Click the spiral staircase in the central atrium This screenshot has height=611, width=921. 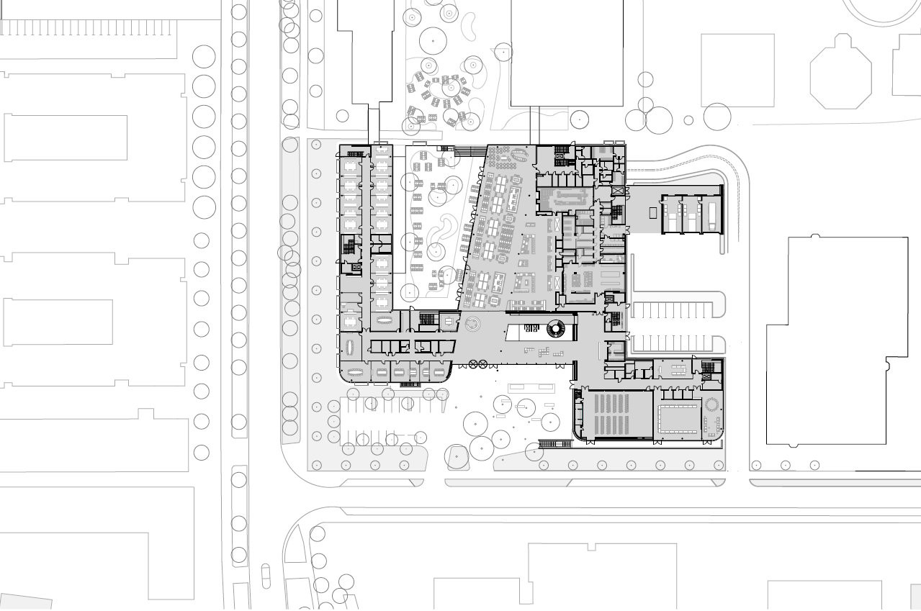557,330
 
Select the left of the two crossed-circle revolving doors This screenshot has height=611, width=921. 473,364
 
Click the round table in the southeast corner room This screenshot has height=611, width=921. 713,404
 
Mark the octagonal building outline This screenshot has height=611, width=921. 840,73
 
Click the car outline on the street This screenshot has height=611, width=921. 266,575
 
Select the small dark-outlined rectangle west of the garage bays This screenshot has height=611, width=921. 653,212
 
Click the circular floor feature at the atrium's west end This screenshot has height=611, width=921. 473,324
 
